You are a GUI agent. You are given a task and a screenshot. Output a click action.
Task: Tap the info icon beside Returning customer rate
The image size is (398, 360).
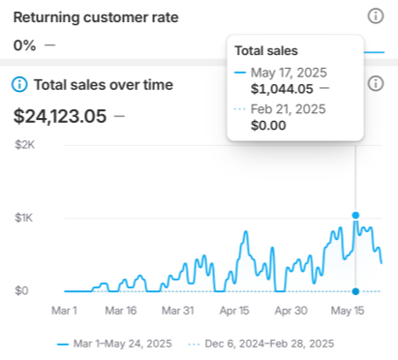pyautogui.click(x=376, y=15)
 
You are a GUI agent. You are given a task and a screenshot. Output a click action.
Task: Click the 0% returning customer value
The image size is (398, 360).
pyautogui.click(x=25, y=45)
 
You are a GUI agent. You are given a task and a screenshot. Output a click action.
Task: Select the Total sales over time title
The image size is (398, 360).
pyautogui.click(x=103, y=84)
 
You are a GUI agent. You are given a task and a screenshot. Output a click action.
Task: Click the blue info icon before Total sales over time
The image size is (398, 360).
pyautogui.click(x=19, y=84)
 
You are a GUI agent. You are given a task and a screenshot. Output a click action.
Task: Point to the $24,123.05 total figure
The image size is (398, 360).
pyautogui.click(x=60, y=116)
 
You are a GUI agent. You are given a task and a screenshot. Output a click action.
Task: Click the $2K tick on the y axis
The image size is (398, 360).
pyautogui.click(x=25, y=144)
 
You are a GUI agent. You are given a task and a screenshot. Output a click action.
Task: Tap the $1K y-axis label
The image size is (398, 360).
pyautogui.click(x=25, y=218)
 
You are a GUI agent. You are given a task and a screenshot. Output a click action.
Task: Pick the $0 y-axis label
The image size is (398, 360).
pyautogui.click(x=21, y=290)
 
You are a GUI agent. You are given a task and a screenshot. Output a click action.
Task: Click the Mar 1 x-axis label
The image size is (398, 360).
pyautogui.click(x=64, y=312)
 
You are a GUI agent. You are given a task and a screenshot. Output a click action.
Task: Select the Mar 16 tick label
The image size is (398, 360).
pyautogui.click(x=120, y=312)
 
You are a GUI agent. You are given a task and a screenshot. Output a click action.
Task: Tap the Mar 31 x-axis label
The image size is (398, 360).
pyautogui.click(x=176, y=312)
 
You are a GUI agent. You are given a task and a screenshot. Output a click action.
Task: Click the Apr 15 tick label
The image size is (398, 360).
pyautogui.click(x=233, y=312)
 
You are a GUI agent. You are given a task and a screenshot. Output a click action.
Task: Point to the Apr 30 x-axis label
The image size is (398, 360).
pyautogui.click(x=290, y=312)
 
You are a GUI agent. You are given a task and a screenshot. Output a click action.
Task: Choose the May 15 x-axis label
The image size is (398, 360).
pyautogui.click(x=347, y=312)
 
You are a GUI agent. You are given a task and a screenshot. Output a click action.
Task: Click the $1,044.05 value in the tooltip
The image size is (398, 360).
pyautogui.click(x=282, y=88)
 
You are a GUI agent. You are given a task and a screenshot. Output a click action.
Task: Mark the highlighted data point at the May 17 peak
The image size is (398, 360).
pyautogui.click(x=356, y=215)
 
